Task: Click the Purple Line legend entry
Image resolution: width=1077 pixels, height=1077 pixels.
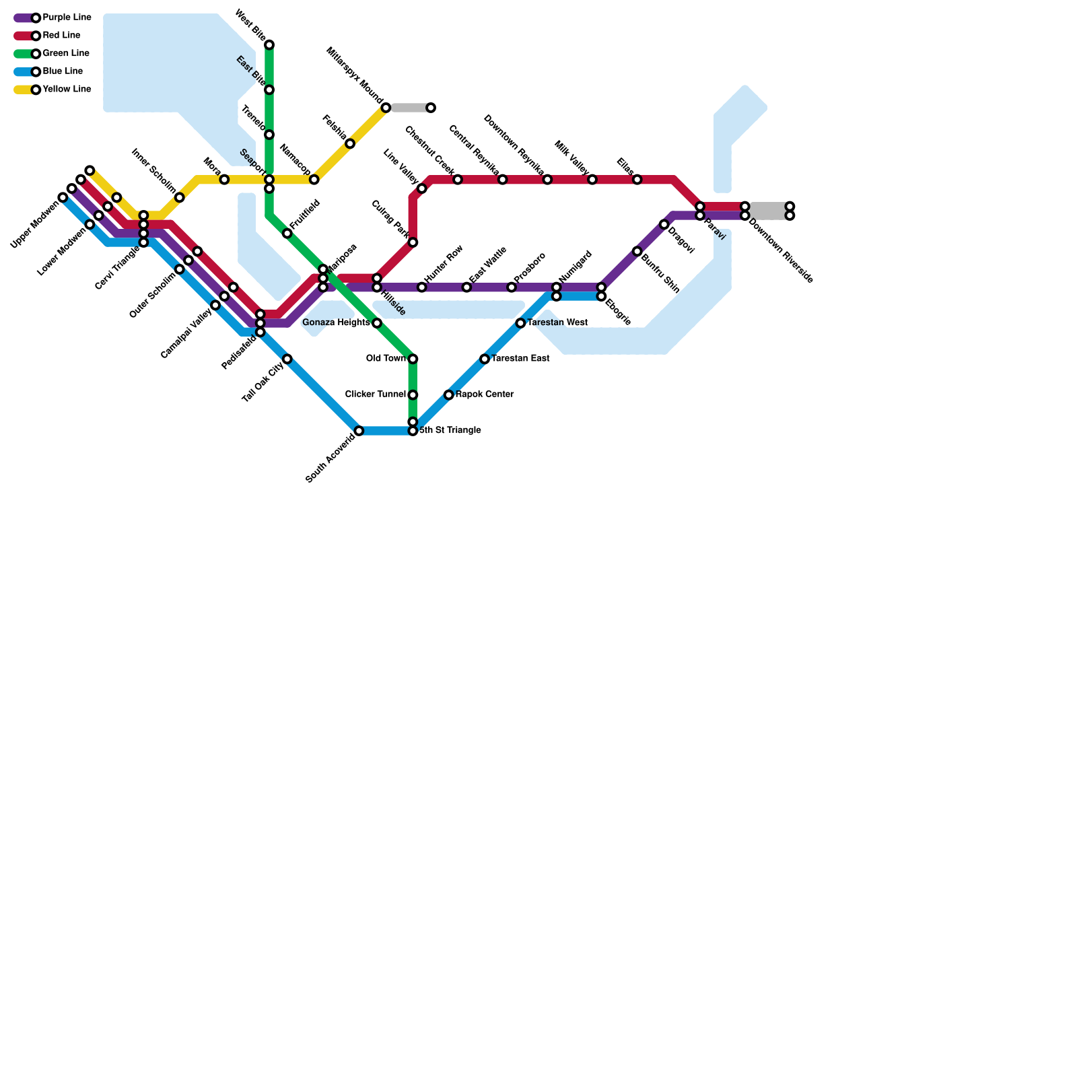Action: (x=66, y=18)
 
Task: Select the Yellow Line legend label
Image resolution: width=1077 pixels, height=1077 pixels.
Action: (x=66, y=89)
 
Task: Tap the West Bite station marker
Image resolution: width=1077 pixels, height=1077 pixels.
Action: (x=269, y=45)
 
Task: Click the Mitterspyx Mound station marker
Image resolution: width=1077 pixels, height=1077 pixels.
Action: (x=386, y=108)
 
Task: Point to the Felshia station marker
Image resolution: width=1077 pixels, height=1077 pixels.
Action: (x=350, y=143)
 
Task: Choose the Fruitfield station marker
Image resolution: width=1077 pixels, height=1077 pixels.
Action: (x=287, y=234)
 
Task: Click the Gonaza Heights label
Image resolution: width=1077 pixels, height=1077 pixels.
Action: (x=336, y=323)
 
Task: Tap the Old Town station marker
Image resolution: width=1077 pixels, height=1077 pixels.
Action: (x=413, y=359)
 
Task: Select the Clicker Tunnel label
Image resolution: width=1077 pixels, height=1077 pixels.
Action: (x=376, y=394)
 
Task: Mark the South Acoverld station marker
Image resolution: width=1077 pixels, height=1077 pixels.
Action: (x=359, y=431)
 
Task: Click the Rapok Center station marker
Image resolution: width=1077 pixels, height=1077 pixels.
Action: (x=449, y=394)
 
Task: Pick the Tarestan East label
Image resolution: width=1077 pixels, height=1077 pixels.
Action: (x=520, y=359)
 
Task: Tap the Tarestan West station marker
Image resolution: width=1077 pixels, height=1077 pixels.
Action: (x=520, y=323)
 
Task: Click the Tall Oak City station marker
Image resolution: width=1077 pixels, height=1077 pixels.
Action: (x=287, y=359)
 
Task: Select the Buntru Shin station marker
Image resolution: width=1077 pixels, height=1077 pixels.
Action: (x=637, y=251)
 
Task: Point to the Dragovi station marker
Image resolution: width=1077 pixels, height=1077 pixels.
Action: (x=664, y=224)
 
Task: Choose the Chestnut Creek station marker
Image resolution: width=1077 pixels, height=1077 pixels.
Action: (x=458, y=179)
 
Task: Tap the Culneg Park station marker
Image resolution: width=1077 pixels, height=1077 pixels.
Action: (x=413, y=242)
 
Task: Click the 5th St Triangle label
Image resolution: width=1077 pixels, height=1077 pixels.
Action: (x=450, y=430)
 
